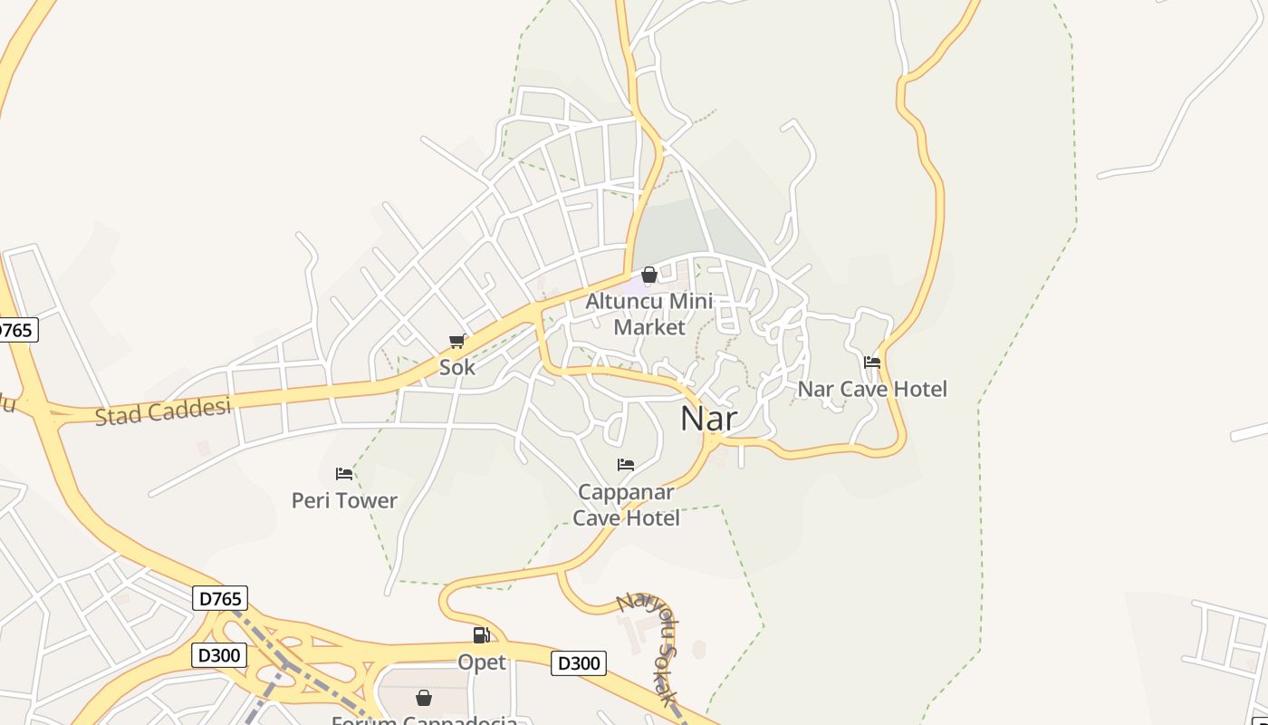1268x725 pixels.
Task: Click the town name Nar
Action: (708, 419)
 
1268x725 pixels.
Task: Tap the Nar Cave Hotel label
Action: (871, 390)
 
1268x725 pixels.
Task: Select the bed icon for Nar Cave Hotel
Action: (872, 362)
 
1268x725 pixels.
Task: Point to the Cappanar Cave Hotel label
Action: (626, 505)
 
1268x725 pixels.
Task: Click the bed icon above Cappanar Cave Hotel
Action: (626, 465)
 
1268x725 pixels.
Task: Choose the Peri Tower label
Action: (344, 500)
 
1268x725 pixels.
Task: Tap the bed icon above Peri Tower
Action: (344, 473)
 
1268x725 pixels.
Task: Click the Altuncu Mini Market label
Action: (649, 314)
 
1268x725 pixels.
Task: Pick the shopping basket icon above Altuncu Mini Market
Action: (649, 275)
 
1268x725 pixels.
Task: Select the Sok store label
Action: (457, 368)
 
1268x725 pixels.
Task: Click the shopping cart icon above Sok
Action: (457, 342)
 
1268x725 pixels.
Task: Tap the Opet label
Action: (482, 662)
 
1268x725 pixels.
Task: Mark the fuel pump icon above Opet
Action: (482, 635)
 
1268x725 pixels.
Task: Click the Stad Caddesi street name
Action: (163, 411)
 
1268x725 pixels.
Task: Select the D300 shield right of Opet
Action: (578, 663)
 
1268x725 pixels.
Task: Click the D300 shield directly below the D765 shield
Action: (219, 654)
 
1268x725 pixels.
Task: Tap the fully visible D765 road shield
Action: (220, 598)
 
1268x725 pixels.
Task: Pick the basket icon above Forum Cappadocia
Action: (423, 698)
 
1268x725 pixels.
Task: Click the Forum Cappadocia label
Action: (424, 720)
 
